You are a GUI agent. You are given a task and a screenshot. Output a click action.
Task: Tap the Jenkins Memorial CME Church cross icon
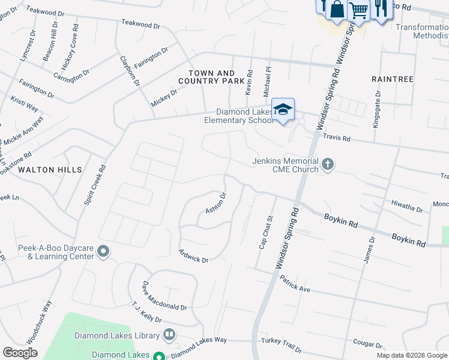[x=328, y=164]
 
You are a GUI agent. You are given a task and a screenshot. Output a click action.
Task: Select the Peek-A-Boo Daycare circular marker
[x=103, y=251]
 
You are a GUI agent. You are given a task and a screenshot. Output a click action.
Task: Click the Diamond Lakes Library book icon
[x=170, y=335]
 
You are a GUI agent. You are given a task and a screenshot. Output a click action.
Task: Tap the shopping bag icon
[x=337, y=9]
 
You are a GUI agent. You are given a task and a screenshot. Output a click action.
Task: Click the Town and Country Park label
[x=211, y=76]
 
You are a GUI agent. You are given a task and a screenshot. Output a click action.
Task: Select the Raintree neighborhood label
[x=393, y=79]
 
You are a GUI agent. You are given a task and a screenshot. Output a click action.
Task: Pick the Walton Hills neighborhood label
[x=50, y=170]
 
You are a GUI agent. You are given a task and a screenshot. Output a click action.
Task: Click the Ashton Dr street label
[x=215, y=203]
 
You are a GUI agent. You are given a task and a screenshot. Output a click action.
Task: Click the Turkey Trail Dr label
[x=282, y=345]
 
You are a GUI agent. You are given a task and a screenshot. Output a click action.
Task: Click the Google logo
[x=20, y=353]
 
